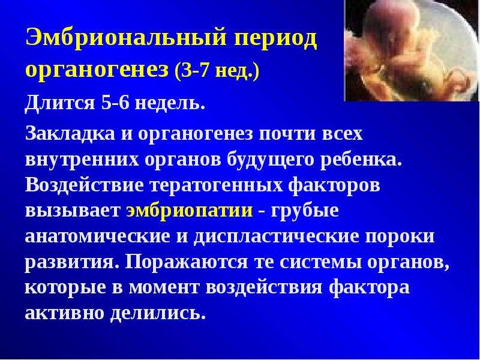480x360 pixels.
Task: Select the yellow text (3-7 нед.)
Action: [217, 71]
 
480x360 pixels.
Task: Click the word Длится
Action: [60, 103]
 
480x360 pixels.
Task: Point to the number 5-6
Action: [115, 103]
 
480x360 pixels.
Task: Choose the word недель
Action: [170, 103]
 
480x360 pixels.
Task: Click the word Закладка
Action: [70, 134]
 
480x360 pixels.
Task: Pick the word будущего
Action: [271, 160]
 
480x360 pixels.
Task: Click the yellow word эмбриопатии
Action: [190, 211]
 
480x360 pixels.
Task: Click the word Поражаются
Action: [186, 263]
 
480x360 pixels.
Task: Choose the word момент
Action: [164, 288]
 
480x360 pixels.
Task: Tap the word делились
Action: [158, 313]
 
